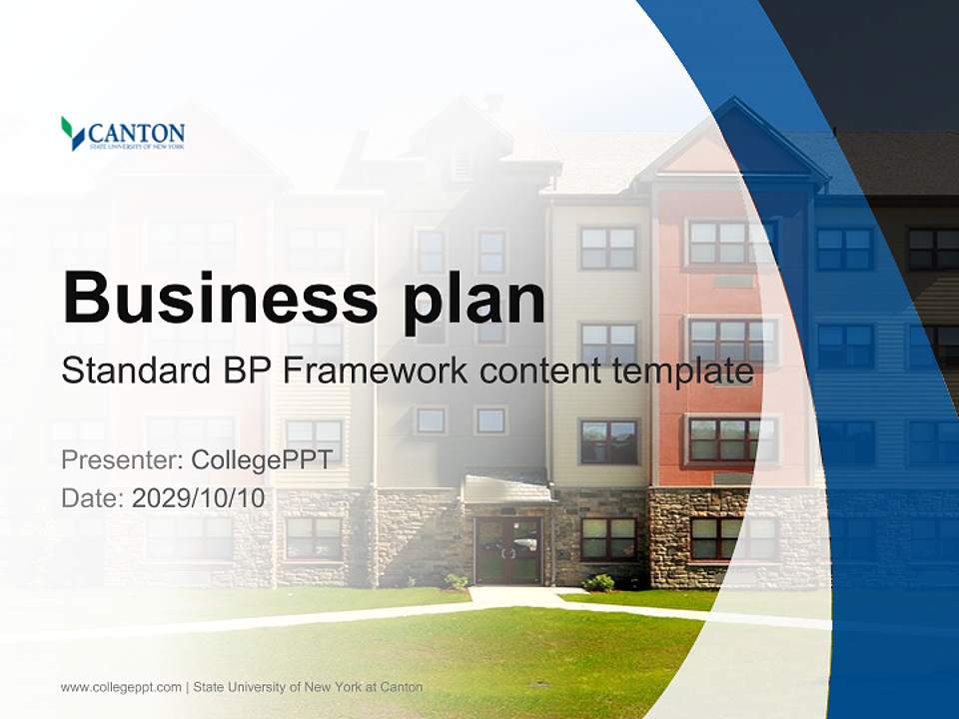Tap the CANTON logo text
pos(136,133)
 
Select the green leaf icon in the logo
pos(71,132)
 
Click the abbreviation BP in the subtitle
pos(246,370)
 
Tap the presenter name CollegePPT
pos(261,460)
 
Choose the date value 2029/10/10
pos(198,497)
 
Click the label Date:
pos(92,497)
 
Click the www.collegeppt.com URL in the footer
pos(121,687)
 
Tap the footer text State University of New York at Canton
pos(308,687)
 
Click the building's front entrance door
pos(507,549)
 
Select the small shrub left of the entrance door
pos(457,580)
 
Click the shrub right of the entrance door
pos(599,581)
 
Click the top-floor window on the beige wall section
pos(608,248)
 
